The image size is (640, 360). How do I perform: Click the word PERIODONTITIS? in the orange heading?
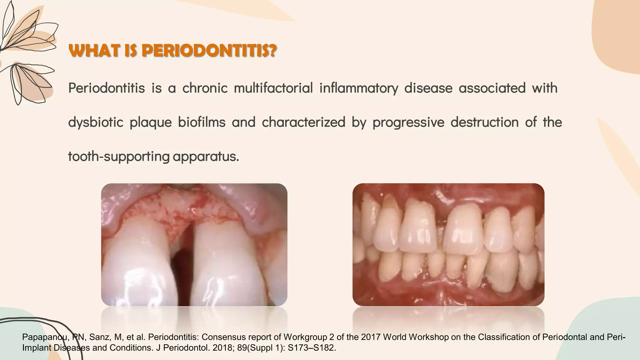[209, 51]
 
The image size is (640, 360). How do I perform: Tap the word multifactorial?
[273, 88]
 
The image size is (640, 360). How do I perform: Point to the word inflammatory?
[359, 88]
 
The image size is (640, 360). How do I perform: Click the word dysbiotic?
[95, 122]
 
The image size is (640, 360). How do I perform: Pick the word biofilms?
[202, 122]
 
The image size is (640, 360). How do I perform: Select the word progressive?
[408, 122]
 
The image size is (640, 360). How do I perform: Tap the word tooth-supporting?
[118, 156]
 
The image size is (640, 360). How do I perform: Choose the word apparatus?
[205, 156]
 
